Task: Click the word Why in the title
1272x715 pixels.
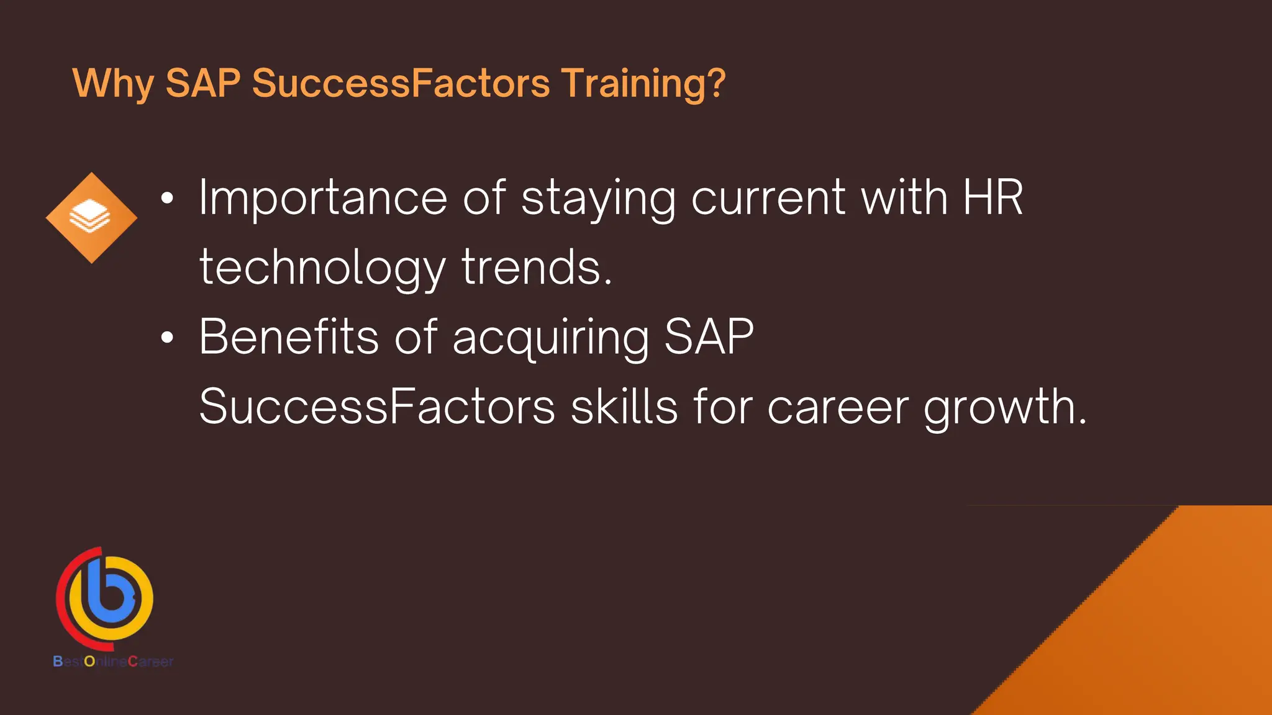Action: pos(113,84)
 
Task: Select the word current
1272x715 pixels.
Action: pos(768,199)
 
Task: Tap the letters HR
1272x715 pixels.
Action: pos(993,198)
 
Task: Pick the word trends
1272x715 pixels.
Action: pos(537,268)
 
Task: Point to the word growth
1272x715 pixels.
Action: pos(1004,408)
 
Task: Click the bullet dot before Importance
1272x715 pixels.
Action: pos(167,199)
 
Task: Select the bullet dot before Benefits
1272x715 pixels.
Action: pos(167,338)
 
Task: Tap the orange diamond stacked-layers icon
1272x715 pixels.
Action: pos(91,218)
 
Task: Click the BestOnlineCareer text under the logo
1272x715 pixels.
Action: pos(113,662)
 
